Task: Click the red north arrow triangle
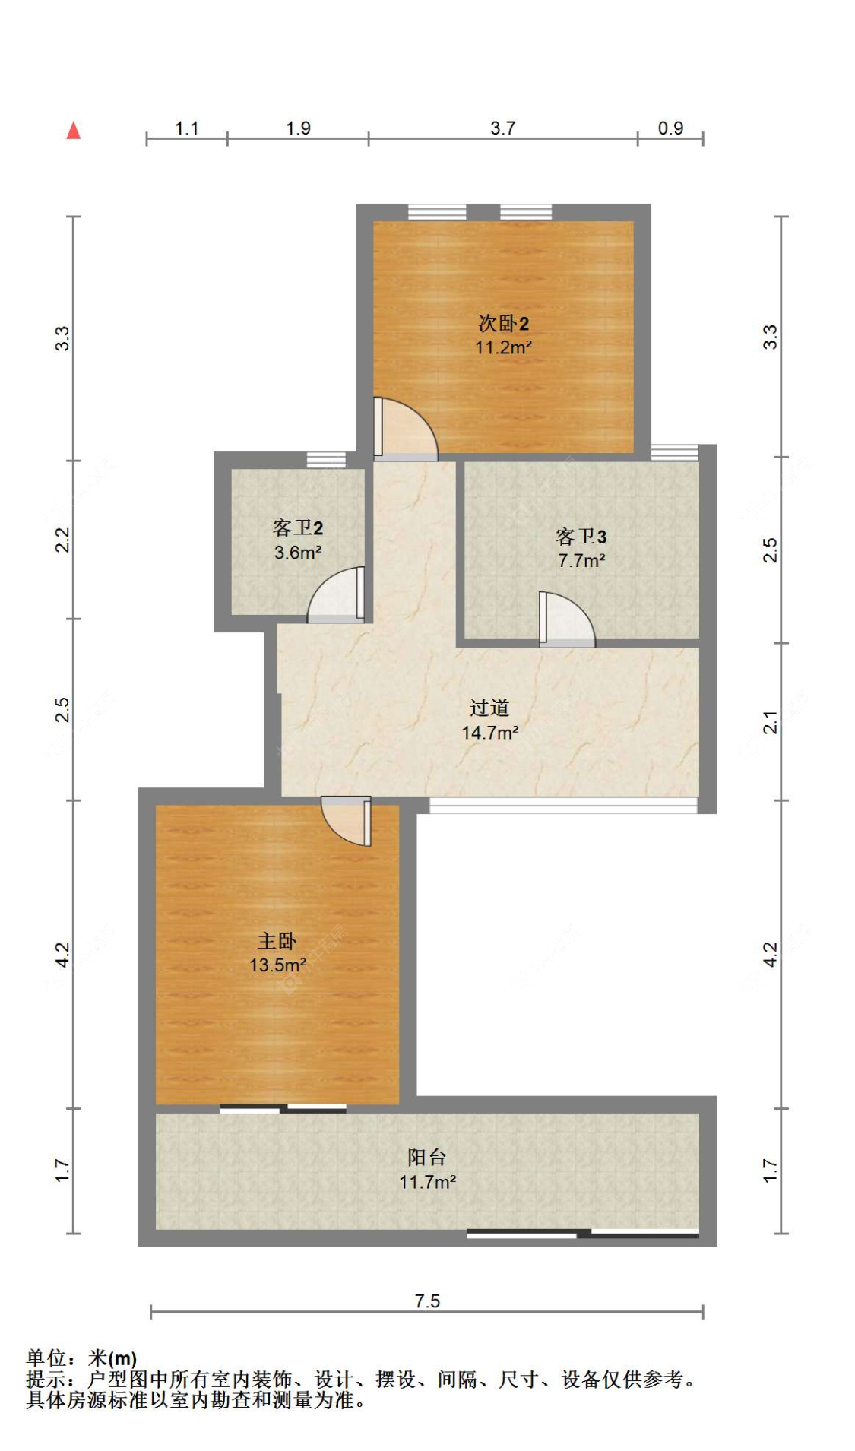pyautogui.click(x=73, y=131)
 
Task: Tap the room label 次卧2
pyautogui.click(x=502, y=323)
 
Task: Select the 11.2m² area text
pyautogui.click(x=502, y=347)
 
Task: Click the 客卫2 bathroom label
pyautogui.click(x=297, y=527)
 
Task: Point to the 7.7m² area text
pyautogui.click(x=581, y=561)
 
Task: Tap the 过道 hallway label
pyautogui.click(x=489, y=708)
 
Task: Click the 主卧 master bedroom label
pyautogui.click(x=277, y=941)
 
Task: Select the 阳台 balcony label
pyautogui.click(x=426, y=1157)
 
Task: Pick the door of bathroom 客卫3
pyautogui.click(x=565, y=619)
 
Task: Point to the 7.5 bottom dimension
pyautogui.click(x=427, y=1301)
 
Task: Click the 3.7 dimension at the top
pyautogui.click(x=502, y=128)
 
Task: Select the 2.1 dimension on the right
pyautogui.click(x=771, y=722)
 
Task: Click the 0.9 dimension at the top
pyautogui.click(x=670, y=128)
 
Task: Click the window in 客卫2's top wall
pyautogui.click(x=326, y=460)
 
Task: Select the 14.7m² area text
pyautogui.click(x=489, y=733)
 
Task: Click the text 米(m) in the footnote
pyautogui.click(x=112, y=1358)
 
